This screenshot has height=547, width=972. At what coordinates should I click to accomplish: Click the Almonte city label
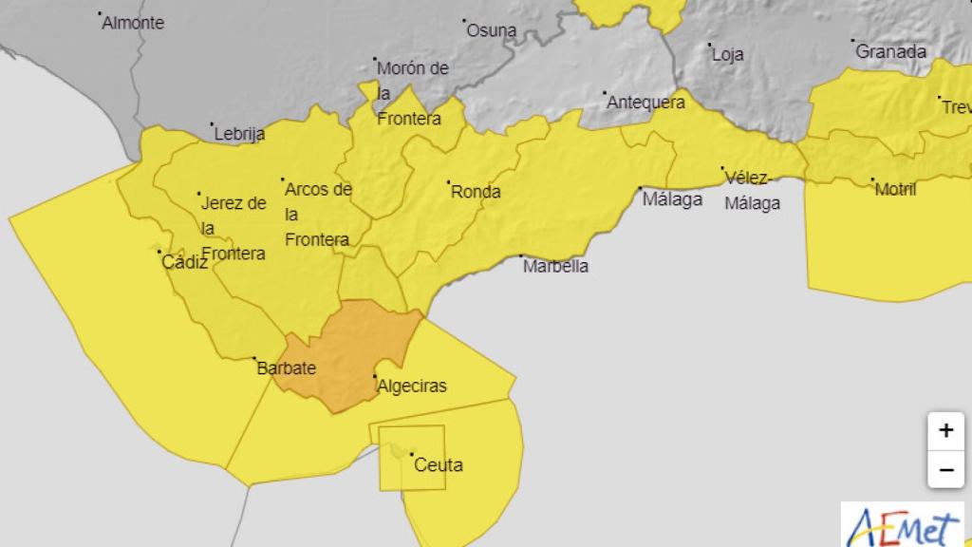click(x=133, y=23)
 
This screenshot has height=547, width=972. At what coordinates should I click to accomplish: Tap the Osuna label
click(x=491, y=30)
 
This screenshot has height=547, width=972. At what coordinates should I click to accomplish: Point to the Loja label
click(x=727, y=54)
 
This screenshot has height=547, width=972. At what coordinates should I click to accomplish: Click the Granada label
click(x=890, y=51)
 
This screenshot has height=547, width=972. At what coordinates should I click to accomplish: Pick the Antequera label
click(x=645, y=103)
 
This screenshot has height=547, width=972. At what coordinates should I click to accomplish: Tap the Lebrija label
click(x=239, y=134)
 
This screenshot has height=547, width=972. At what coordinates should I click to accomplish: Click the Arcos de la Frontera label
click(x=318, y=215)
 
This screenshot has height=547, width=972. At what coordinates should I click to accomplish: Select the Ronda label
click(x=476, y=192)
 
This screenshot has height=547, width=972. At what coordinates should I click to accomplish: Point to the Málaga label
click(x=672, y=199)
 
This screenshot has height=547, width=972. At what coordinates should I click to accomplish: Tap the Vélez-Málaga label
click(x=752, y=190)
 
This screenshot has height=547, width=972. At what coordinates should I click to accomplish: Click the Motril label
click(x=895, y=189)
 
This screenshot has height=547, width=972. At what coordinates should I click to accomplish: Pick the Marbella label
click(x=555, y=266)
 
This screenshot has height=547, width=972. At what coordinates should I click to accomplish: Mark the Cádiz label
click(x=184, y=263)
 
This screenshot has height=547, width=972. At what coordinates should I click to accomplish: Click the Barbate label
click(x=286, y=368)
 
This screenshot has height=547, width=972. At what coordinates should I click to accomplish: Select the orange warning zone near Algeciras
click(x=351, y=347)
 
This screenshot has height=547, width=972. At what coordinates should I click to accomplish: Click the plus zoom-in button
click(x=945, y=430)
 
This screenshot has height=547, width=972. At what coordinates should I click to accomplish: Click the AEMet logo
click(x=901, y=524)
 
